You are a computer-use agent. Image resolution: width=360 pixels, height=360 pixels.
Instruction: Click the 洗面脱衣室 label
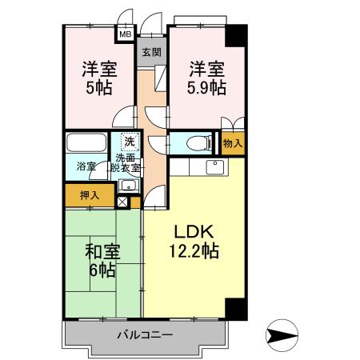127,164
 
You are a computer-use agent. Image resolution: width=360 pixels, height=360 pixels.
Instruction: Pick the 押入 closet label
90,194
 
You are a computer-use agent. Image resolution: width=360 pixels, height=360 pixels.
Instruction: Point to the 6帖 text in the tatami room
102,271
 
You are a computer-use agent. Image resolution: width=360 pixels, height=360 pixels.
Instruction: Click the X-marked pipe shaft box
121,202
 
